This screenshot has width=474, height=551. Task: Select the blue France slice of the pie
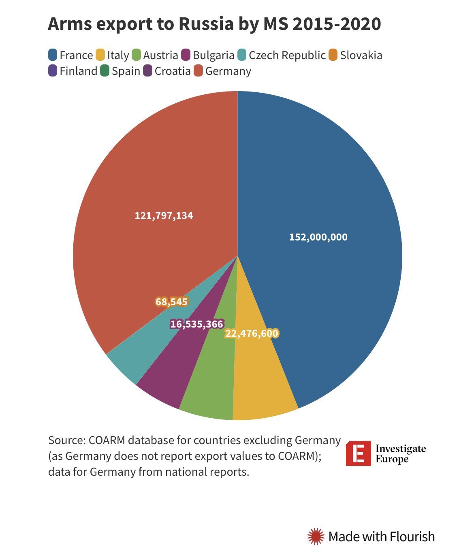[324, 202]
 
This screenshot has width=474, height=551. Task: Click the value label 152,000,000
[318, 237]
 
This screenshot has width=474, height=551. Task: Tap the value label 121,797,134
[164, 216]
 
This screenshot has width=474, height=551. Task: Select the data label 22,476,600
[252, 334]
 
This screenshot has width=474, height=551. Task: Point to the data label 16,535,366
[196, 324]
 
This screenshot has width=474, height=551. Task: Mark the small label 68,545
[171, 302]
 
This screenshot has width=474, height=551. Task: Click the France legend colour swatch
[53, 55]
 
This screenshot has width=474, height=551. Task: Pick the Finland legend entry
[73, 71]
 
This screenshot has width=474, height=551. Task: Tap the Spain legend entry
[120, 71]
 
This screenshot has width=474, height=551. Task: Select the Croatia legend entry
[167, 71]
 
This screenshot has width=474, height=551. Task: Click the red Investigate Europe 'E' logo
[358, 453]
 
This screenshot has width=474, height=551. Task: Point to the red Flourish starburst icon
[316, 536]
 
